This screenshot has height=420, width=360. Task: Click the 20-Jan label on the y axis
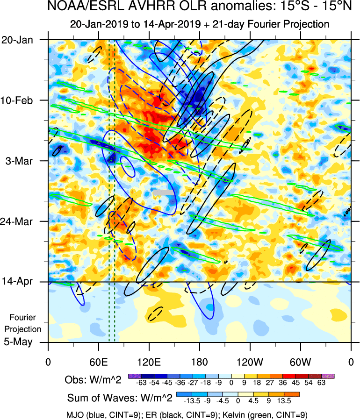[x=17, y=40]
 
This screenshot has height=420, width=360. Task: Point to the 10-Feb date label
[x=17, y=100]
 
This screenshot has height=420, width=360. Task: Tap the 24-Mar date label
[x=17, y=221]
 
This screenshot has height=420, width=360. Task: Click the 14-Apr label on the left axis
[x=17, y=282]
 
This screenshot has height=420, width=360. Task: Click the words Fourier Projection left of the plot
[x=22, y=323]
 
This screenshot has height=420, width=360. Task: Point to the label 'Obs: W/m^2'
[x=93, y=380]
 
